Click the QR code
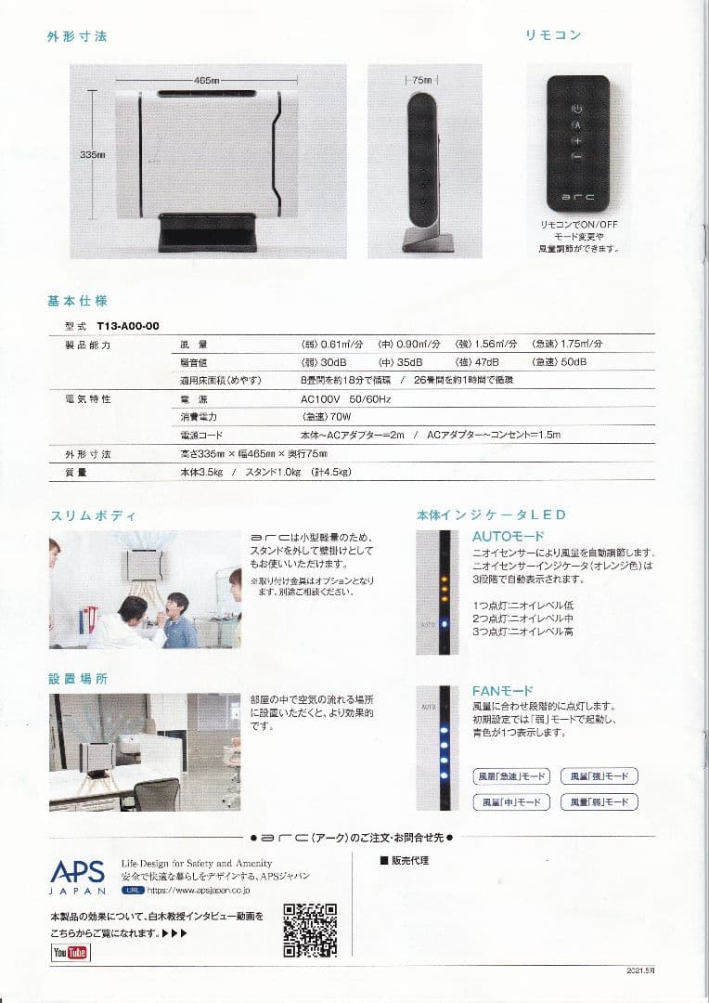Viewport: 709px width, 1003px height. pyautogui.click(x=310, y=930)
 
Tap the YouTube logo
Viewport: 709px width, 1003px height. pyautogui.click(x=71, y=953)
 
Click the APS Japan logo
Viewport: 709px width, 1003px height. pyautogui.click(x=78, y=874)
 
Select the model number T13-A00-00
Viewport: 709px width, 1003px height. pyautogui.click(x=128, y=325)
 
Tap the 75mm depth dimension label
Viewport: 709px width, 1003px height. pyautogui.click(x=423, y=81)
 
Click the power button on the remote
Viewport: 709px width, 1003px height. pyautogui.click(x=576, y=109)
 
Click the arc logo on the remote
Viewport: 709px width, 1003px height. pyautogui.click(x=576, y=197)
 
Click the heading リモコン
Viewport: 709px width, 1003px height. pyautogui.click(x=553, y=35)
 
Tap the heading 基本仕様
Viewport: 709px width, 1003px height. pyautogui.click(x=78, y=301)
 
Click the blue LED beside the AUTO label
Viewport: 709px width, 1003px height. pyautogui.click(x=445, y=624)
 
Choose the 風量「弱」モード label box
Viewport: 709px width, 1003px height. pyautogui.click(x=599, y=801)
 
